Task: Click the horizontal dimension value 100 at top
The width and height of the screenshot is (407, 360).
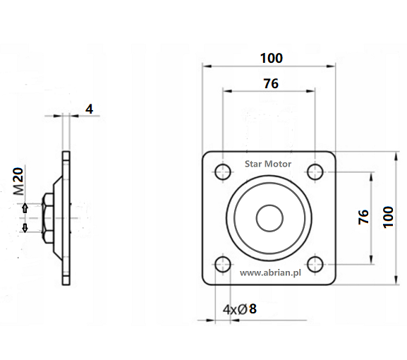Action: pos(272,58)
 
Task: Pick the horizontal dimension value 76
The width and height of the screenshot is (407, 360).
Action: pos(271,83)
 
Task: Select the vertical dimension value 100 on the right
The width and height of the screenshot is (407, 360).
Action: pos(389,217)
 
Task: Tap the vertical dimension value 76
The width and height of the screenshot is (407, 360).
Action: pos(363,217)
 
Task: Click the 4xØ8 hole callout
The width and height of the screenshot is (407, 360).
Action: pos(240,309)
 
